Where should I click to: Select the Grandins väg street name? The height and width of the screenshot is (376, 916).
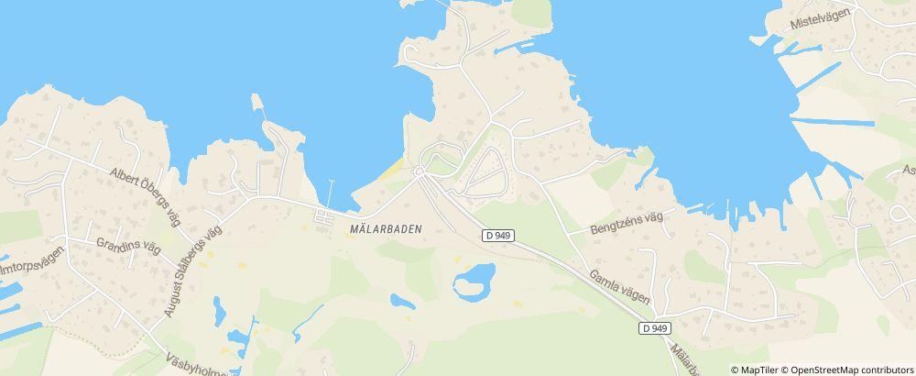127,245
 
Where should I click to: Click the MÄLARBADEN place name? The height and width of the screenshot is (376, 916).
386,229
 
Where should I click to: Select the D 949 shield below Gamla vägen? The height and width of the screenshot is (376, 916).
656,328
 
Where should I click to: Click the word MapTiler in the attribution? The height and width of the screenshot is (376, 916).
760,370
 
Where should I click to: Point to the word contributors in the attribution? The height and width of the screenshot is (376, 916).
886,370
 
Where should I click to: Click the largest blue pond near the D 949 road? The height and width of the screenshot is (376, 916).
474,281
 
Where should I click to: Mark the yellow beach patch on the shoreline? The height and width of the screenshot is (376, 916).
392,169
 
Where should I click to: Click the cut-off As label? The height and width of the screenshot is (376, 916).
909,171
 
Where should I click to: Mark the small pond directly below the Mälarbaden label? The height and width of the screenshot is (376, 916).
402,301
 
